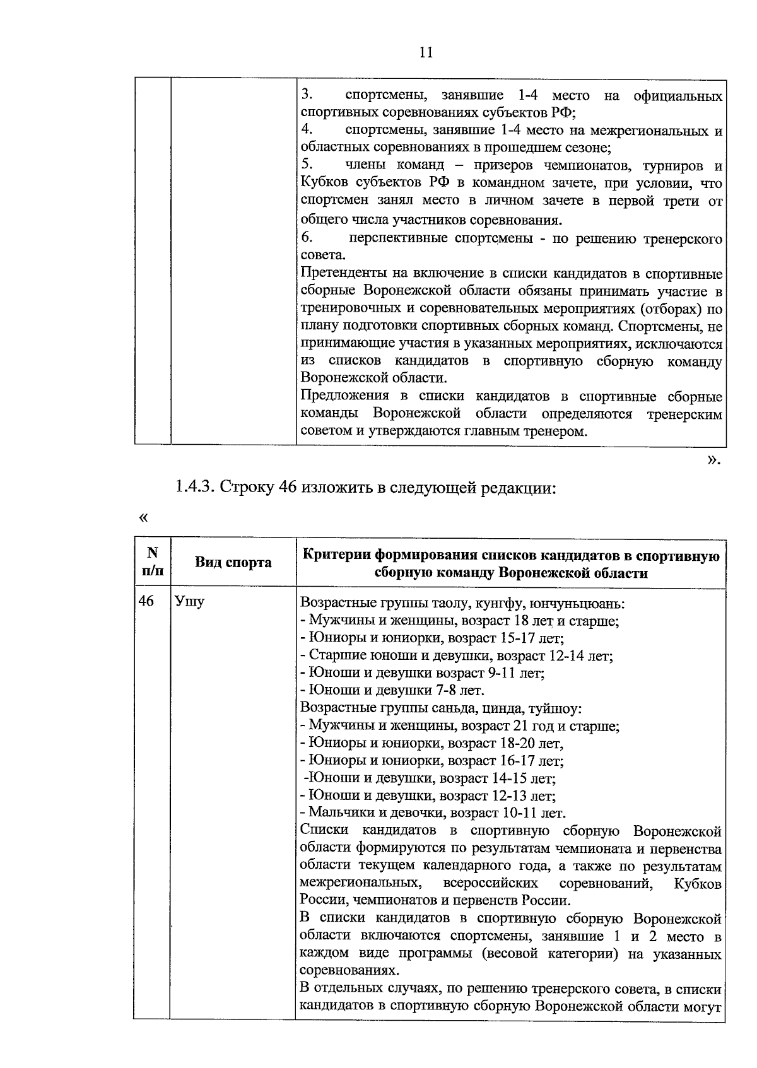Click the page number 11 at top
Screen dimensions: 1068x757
426,53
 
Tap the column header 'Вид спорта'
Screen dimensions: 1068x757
233,563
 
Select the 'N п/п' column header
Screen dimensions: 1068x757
152,562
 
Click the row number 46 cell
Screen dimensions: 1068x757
146,601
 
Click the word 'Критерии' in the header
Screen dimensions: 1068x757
336,555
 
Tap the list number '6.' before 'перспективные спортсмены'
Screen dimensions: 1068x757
307,238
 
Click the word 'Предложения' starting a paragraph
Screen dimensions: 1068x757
345,396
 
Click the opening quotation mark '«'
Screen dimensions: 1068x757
143,517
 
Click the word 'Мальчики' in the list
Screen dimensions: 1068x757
336,813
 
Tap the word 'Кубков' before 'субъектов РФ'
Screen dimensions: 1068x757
324,184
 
